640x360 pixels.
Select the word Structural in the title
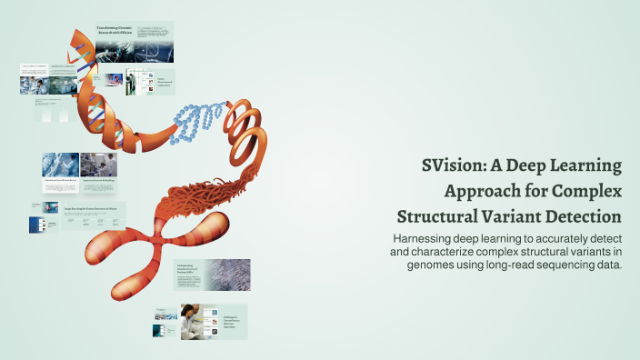pyautogui.click(x=436, y=217)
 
